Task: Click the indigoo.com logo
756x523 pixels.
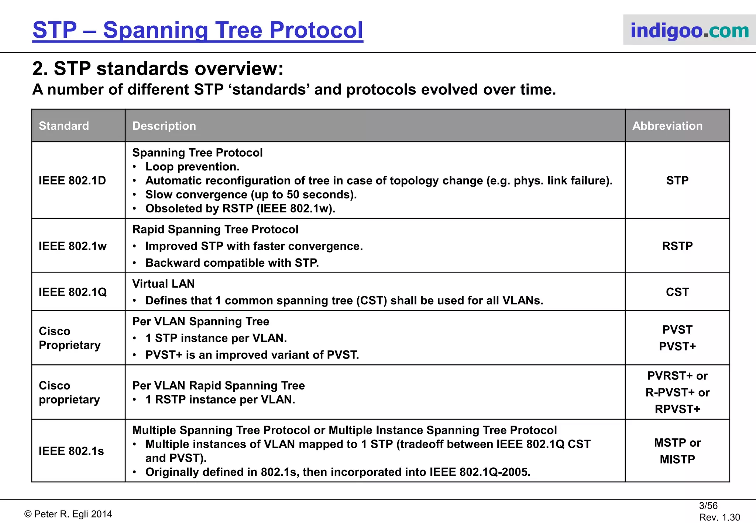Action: (689, 30)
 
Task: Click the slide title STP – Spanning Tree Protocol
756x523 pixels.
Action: (198, 30)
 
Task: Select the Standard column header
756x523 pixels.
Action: (64, 126)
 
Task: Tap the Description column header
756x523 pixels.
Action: (164, 126)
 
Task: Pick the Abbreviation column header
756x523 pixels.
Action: (667, 126)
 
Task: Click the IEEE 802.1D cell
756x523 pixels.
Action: (72, 180)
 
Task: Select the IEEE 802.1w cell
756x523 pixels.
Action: (73, 246)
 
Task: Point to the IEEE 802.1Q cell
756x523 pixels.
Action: (73, 292)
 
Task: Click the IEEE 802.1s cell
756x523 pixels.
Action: (71, 451)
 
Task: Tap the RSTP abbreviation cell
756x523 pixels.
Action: (677, 246)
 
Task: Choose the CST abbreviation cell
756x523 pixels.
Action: (677, 292)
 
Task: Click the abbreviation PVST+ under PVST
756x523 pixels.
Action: (677, 346)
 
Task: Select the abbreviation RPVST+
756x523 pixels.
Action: (677, 409)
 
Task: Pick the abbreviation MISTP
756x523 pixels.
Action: (677, 459)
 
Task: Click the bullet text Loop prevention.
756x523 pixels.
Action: (192, 167)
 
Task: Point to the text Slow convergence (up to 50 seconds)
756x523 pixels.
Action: (251, 194)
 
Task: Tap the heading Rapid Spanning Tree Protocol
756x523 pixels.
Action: (215, 229)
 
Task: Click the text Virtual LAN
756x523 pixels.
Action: (164, 284)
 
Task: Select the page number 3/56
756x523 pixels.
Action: (708, 506)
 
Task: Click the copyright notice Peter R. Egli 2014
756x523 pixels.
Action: (68, 514)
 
